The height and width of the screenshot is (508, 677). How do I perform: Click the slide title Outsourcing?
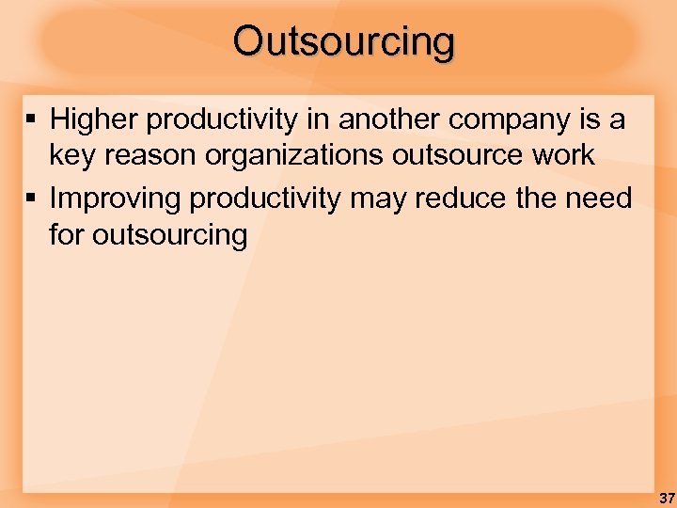click(344, 42)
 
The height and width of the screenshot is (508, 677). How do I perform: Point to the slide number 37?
click(666, 497)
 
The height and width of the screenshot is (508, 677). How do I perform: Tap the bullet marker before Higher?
click(32, 119)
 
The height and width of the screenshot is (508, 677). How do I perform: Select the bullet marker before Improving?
click(32, 198)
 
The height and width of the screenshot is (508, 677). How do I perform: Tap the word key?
click(70, 156)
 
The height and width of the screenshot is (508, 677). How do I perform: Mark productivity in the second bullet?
click(267, 199)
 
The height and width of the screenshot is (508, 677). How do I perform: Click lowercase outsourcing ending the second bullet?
click(169, 235)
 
